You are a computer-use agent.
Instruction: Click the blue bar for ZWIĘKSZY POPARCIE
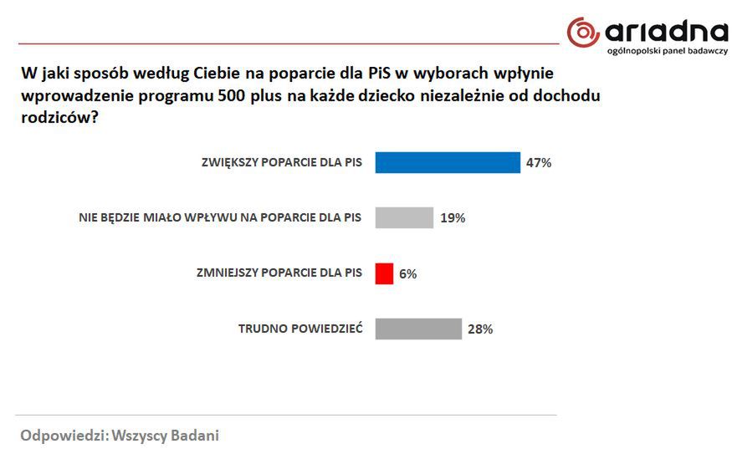pos(448,162)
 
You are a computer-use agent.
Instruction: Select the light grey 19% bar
pos(404,217)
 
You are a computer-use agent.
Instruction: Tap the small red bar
pos(384,273)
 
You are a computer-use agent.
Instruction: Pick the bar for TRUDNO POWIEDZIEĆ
pos(418,329)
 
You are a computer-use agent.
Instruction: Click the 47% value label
pos(539,163)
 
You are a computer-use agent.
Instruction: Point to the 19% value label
pos(453,218)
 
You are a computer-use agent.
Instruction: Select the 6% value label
pos(407,273)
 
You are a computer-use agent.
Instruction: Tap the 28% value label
pos(480,329)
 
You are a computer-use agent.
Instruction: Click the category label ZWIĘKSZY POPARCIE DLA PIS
pos(282,163)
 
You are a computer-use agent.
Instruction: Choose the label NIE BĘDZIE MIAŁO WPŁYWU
pos(220,218)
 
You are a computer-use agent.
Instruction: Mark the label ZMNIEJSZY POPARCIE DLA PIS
pos(279,273)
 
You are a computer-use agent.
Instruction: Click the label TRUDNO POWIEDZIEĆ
pos(300,329)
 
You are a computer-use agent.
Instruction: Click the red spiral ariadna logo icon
pos(583,33)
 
